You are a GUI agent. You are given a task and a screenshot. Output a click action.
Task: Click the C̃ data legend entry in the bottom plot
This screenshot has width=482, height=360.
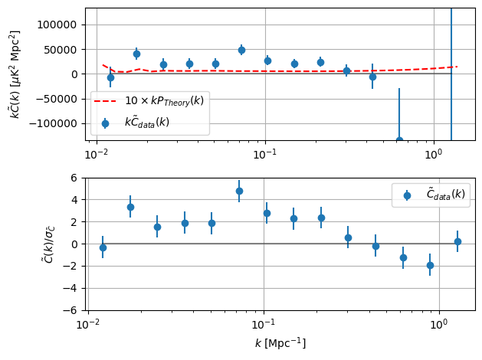point(430,195)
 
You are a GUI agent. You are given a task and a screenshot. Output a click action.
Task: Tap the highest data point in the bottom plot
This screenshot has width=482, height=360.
point(239,191)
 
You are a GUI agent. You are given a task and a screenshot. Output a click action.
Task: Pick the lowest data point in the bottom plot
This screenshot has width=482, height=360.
point(430,265)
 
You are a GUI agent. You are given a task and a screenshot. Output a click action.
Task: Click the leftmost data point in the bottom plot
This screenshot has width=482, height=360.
point(103,247)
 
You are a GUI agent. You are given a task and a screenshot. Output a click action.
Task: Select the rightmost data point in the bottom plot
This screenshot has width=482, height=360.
point(457,241)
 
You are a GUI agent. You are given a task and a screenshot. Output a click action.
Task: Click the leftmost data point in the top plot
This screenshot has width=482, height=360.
point(110,77)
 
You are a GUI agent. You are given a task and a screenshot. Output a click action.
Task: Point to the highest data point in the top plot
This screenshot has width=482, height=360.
point(241,50)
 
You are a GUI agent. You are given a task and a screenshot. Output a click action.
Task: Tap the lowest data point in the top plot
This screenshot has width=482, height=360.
point(399,140)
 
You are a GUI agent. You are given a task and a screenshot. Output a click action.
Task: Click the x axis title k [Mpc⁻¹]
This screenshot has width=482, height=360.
point(280,343)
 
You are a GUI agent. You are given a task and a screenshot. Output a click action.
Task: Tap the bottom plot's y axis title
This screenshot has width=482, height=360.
point(48,244)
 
